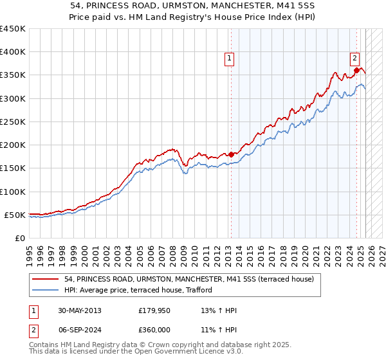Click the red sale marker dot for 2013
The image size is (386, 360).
pos(231,154)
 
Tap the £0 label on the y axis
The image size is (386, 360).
pos(19,238)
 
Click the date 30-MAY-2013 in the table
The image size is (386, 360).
pos(78,310)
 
